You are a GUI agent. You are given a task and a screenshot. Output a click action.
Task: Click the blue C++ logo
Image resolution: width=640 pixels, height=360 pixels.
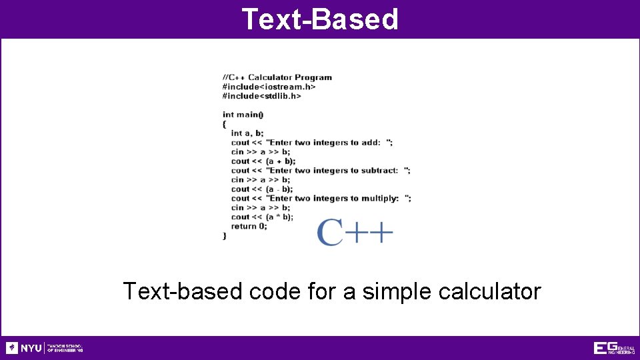[354, 232]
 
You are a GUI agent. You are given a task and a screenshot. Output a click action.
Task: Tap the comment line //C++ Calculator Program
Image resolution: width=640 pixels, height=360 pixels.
[277, 77]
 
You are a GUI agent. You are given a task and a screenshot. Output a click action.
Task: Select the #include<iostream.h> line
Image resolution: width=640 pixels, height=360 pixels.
[269, 87]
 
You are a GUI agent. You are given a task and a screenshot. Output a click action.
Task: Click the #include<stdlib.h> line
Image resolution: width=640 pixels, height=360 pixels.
[261, 96]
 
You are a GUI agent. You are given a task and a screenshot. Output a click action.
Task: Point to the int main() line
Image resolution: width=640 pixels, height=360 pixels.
[243, 115]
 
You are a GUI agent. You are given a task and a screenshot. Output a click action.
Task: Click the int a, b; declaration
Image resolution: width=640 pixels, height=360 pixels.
[247, 133]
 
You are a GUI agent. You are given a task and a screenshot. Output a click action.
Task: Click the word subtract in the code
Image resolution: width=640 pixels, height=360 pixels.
[379, 171]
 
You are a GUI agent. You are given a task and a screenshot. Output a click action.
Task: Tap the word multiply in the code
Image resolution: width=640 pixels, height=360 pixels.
[380, 199]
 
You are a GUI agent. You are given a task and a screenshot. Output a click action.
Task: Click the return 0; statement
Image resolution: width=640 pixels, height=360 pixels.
[249, 227]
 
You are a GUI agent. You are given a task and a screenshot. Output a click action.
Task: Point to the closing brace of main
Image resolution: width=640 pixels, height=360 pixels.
[225, 236]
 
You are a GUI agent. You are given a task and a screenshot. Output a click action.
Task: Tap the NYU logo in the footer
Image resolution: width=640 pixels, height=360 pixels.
[24, 348]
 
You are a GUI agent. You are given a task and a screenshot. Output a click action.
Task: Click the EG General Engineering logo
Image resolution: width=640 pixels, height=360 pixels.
[614, 348]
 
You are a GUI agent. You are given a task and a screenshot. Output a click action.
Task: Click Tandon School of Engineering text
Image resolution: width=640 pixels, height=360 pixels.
[65, 348]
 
